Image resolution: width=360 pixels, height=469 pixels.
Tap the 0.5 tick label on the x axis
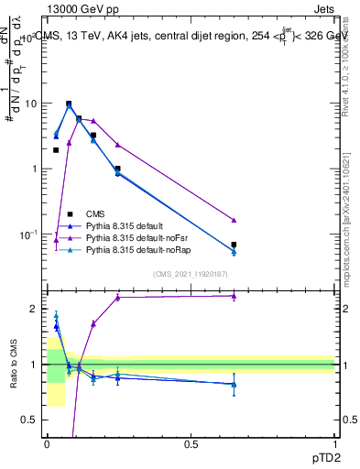tap(191, 443)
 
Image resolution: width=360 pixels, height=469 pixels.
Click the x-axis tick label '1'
tap(334, 443)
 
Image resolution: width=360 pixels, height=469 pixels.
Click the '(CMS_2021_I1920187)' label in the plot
tap(191, 273)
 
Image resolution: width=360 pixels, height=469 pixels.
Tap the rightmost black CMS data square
tap(234, 245)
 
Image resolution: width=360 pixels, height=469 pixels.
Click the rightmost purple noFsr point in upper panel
tap(234, 221)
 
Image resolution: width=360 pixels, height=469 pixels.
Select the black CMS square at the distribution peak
tap(69, 104)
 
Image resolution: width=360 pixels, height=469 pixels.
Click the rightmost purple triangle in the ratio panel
tap(234, 296)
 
